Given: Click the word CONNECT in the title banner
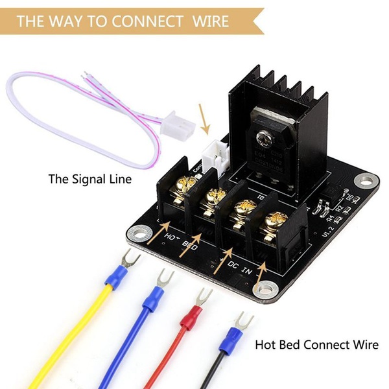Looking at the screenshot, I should pos(147,21).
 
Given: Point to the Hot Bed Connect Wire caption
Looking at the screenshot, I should pos(316,344).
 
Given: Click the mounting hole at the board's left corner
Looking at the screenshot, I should pos(138,230).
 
